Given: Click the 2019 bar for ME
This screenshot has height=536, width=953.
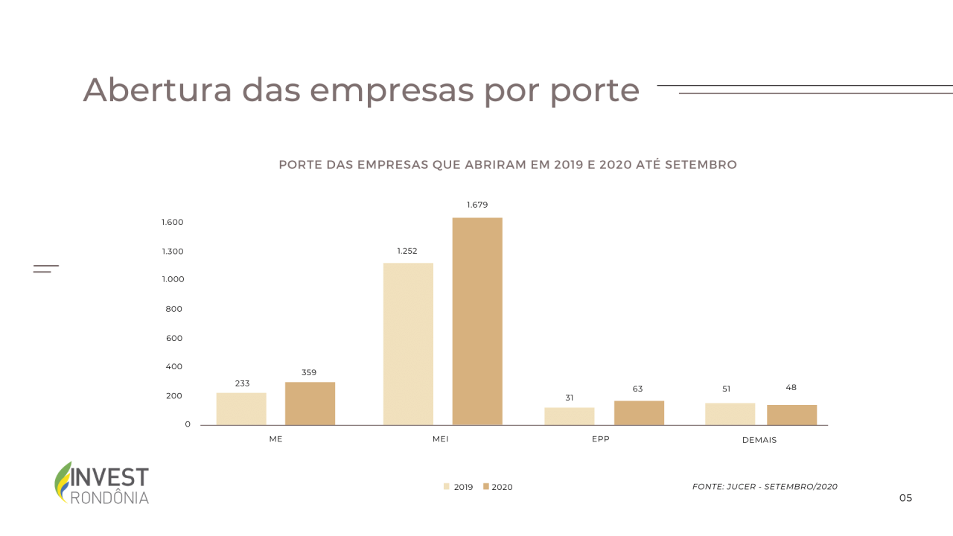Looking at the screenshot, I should click(241, 409).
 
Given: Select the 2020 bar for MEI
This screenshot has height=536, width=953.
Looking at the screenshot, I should click(477, 322).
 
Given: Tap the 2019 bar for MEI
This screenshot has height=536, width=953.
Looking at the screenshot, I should click(408, 344).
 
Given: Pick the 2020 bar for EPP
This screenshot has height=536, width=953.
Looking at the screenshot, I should click(639, 413).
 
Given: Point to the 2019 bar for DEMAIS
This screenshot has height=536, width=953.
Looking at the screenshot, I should click(730, 414).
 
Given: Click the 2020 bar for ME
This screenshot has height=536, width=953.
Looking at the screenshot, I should click(310, 403).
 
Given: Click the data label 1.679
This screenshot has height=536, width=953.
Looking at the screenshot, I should click(477, 205).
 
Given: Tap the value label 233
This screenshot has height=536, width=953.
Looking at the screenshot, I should click(242, 383).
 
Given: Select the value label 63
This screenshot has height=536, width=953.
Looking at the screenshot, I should click(638, 389).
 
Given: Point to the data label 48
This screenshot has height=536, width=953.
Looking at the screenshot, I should click(791, 387).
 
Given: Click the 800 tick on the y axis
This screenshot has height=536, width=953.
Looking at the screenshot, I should click(174, 309).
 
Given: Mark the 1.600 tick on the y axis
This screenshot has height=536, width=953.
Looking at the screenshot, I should click(172, 223).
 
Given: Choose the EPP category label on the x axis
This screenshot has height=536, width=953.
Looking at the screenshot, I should click(600, 439).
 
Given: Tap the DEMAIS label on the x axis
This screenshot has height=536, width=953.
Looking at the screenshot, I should click(759, 440).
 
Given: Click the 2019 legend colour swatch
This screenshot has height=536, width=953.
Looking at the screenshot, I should click(447, 487).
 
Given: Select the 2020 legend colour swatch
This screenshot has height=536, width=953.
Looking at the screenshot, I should click(485, 487).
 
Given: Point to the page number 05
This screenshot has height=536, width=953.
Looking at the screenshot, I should click(905, 498).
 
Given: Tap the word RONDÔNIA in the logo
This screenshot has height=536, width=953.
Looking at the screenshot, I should click(109, 497).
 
